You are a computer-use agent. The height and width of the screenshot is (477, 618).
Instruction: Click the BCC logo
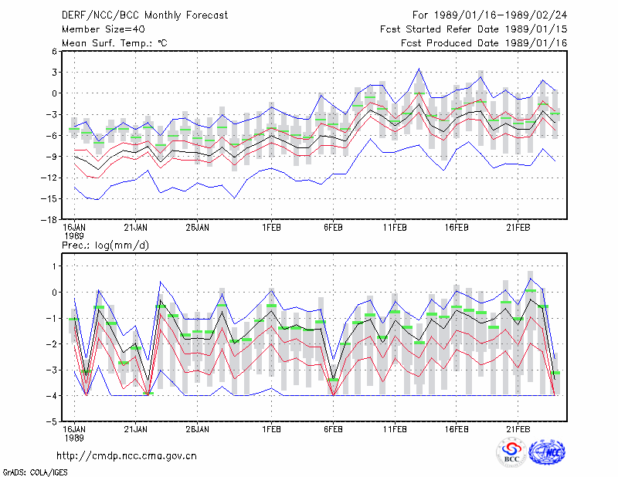pyautogui.click(x=511, y=452)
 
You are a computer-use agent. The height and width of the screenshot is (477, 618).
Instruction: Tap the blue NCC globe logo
pyautogui.click(x=547, y=452)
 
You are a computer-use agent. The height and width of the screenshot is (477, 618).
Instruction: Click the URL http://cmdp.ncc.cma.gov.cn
pyautogui.click(x=127, y=456)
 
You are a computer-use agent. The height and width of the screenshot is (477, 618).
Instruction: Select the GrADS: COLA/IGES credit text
pyautogui.click(x=35, y=472)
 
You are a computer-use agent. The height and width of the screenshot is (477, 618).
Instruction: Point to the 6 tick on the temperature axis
pyautogui.click(x=54, y=51)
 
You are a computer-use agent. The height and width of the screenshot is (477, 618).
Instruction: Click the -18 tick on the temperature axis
pyautogui.click(x=49, y=220)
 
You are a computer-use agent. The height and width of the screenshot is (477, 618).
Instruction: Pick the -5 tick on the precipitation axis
pyautogui.click(x=52, y=421)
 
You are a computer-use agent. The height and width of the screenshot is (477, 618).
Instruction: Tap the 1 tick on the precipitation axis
pyautogui.click(x=54, y=266)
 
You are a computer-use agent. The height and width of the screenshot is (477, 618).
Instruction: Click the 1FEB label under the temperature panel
pyautogui.click(x=271, y=228)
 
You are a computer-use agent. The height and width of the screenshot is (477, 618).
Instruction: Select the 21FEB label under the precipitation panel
pyautogui.click(x=518, y=429)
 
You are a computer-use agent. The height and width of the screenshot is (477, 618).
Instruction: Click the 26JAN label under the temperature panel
pyautogui.click(x=197, y=228)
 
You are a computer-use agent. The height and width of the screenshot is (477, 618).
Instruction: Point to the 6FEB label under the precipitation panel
pyautogui.click(x=333, y=429)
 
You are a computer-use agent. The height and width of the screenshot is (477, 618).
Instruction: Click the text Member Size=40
pyautogui.click(x=104, y=29)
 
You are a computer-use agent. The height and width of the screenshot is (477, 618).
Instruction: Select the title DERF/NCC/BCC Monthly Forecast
pyautogui.click(x=144, y=15)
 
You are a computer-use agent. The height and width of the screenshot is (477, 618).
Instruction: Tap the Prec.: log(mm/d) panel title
pyautogui.click(x=105, y=245)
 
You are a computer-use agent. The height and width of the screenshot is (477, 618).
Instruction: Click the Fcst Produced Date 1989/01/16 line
pyautogui.click(x=484, y=43)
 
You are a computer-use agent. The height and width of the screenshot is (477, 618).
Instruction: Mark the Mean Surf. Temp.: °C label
pyautogui.click(x=114, y=43)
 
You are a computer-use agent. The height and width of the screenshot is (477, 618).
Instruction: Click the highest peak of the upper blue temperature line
pyautogui.click(x=419, y=69)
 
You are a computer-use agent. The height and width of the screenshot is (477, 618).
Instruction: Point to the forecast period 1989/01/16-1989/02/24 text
pyautogui.click(x=490, y=15)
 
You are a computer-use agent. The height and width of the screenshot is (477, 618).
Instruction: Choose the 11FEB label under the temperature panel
pyautogui.click(x=395, y=228)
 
